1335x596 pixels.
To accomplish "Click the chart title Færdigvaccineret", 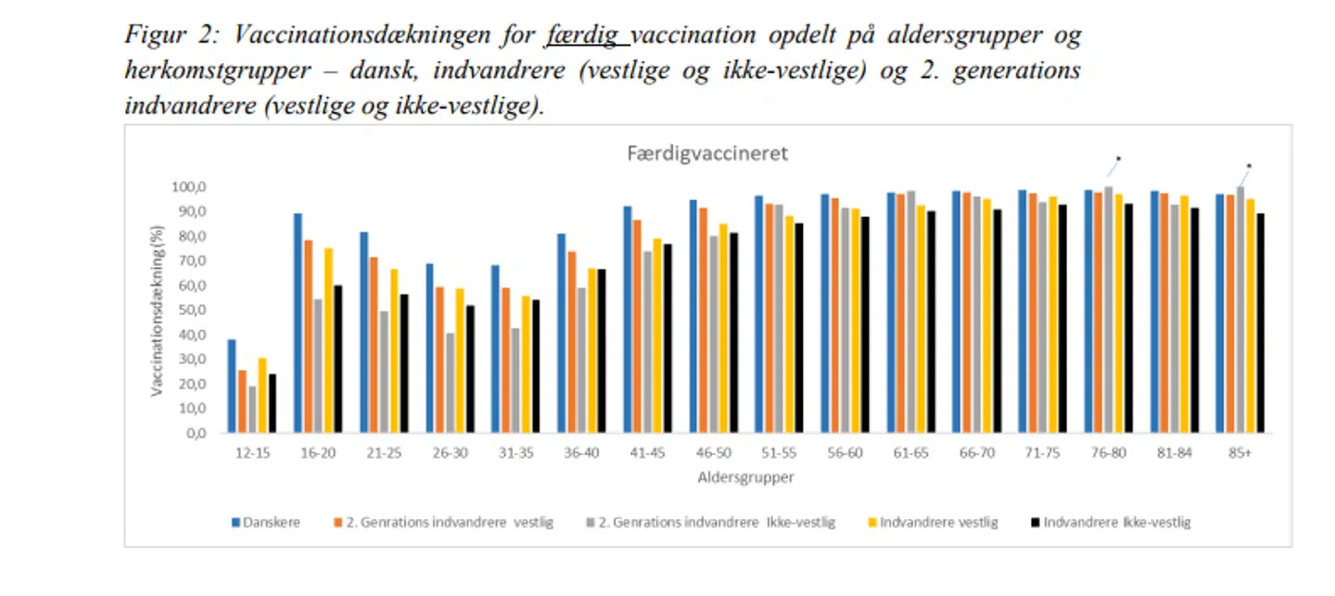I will [707, 154].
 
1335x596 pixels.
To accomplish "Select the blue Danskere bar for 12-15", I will [232, 387].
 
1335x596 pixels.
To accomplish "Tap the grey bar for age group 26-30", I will [451, 383].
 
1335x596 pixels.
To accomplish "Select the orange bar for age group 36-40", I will [572, 342].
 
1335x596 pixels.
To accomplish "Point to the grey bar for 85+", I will [1240, 310].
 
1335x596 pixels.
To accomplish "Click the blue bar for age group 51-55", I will [758, 314].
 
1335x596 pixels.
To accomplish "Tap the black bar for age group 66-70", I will [997, 321].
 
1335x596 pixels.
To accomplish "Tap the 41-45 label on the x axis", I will [648, 455].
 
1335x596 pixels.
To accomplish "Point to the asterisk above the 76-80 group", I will [1118, 159].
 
